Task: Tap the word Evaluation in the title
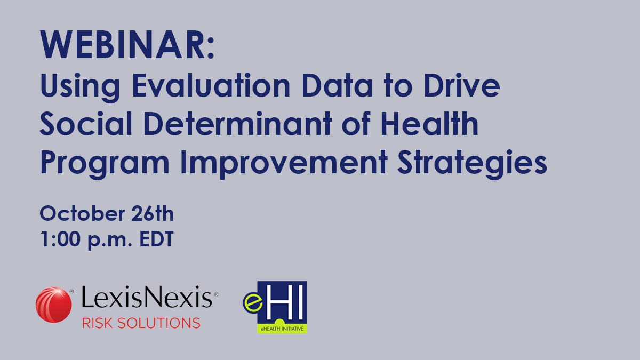211,85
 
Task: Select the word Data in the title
337,85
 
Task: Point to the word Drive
462,85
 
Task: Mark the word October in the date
83,213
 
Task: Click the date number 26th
153,213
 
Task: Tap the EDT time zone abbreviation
157,239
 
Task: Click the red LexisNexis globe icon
54,305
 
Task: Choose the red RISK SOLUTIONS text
141,323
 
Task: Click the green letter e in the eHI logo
253,303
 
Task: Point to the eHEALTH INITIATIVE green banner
282,329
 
